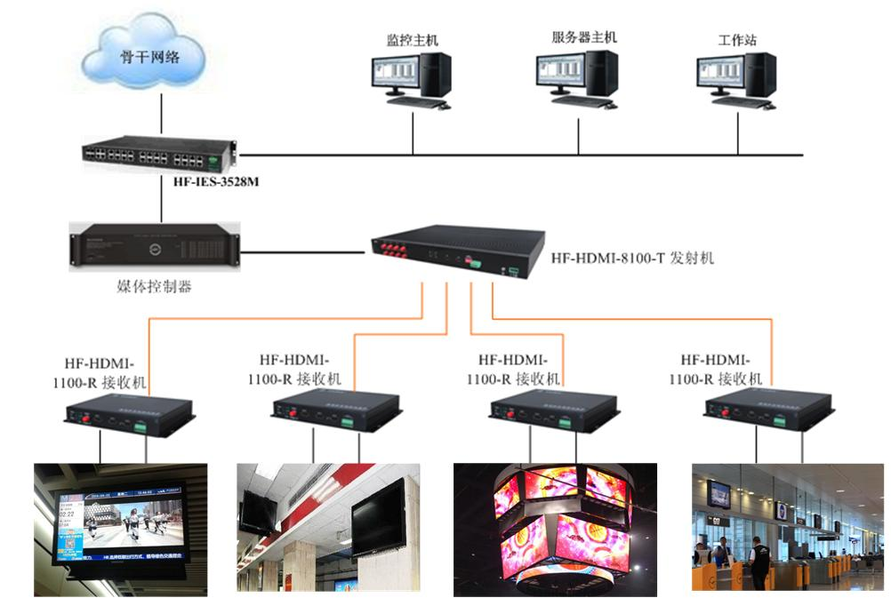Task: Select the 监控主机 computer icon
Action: pos(411,80)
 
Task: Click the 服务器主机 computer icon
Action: pos(576,78)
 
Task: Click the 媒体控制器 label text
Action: pos(155,286)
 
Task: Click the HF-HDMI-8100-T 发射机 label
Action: pos(631,259)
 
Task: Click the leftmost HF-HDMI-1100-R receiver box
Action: pos(129,412)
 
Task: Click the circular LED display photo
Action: pos(555,528)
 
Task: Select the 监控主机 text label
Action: pos(412,40)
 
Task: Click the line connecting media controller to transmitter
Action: pos(302,252)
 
